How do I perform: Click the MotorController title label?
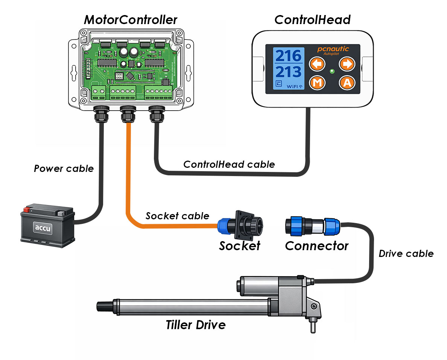[x=130, y=20]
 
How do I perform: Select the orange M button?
[x=317, y=83]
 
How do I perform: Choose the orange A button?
[x=347, y=83]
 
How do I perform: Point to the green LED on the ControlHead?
[x=332, y=71]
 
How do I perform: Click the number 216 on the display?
[x=288, y=56]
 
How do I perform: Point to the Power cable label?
[x=64, y=169]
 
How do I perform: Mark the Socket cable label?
[x=177, y=216]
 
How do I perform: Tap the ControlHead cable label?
[x=229, y=164]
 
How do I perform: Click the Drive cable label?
[x=406, y=254]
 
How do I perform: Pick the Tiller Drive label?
[x=196, y=325]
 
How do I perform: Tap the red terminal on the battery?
[x=27, y=209]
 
